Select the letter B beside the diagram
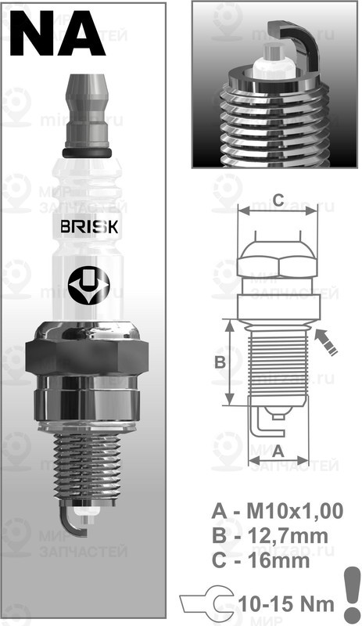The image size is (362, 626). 220,362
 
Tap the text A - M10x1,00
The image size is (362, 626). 277,512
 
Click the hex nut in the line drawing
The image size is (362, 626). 278,258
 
